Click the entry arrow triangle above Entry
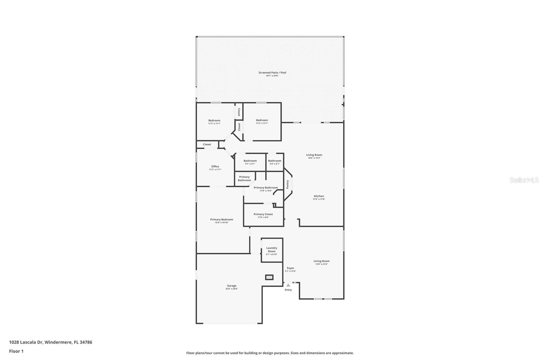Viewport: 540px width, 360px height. (288, 285)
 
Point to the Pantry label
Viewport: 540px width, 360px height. (288, 184)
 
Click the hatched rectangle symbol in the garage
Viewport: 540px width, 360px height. (269, 277)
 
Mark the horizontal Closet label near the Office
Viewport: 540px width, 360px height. (207, 144)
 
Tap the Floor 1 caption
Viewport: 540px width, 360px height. (16, 351)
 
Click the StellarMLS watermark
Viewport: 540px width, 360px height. (524, 180)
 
